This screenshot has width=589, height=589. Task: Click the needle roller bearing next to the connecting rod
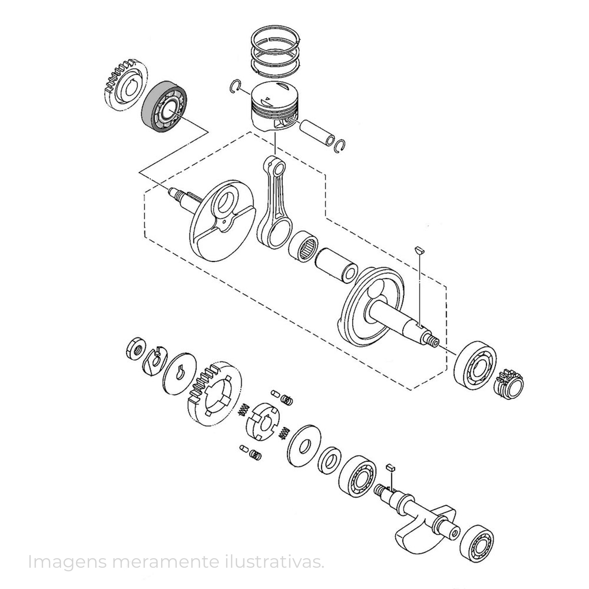click(x=304, y=246)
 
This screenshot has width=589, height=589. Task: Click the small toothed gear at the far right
click(x=508, y=384)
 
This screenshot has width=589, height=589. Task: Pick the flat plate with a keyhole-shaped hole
click(x=180, y=374)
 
